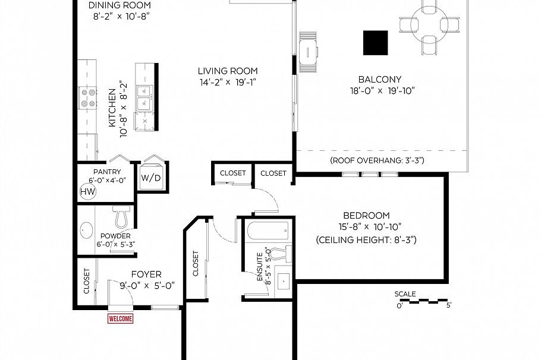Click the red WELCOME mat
120,319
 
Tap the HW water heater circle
87,192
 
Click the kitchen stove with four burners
88,97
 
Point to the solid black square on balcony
375,43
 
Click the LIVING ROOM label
228,71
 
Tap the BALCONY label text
380,79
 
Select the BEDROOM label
366,215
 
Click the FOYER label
146,274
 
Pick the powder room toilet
122,218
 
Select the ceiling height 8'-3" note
366,240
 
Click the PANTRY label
107,172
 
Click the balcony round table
429,24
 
